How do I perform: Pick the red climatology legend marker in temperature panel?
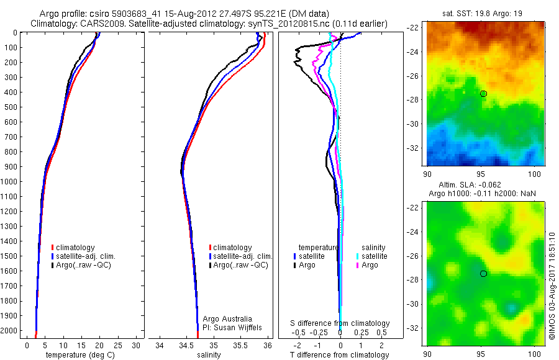click(x=53, y=248)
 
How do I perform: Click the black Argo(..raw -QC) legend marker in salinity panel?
click(x=211, y=265)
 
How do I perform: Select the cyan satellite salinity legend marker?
click(x=358, y=256)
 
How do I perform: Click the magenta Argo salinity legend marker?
click(x=358, y=265)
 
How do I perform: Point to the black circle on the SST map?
click(x=483, y=94)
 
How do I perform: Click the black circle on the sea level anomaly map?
click(x=483, y=274)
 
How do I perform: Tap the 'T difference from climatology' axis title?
click(x=339, y=355)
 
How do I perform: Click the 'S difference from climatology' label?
click(x=340, y=323)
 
